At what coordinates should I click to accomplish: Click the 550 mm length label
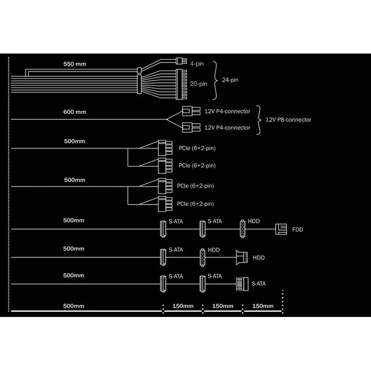tap(74, 64)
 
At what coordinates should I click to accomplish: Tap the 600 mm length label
tap(74, 112)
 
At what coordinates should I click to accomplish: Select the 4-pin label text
tap(196, 64)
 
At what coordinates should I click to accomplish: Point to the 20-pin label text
tap(199, 83)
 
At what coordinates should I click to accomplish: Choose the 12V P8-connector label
tap(288, 120)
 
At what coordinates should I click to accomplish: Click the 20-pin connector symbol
tap(180, 84)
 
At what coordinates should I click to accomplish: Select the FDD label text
tap(298, 230)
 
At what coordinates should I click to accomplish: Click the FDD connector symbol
tap(281, 229)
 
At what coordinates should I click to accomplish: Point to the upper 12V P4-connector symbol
tap(189, 111)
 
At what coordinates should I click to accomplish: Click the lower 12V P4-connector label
tap(227, 128)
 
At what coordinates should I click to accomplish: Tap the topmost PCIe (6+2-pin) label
tap(197, 147)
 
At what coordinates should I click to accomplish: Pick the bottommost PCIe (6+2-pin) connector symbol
tap(164, 203)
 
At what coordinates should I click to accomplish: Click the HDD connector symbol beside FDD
tap(243, 228)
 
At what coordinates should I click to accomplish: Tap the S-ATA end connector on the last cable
tap(242, 284)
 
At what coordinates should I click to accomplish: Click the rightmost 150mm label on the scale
tap(263, 306)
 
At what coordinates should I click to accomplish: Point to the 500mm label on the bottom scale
tap(74, 306)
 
